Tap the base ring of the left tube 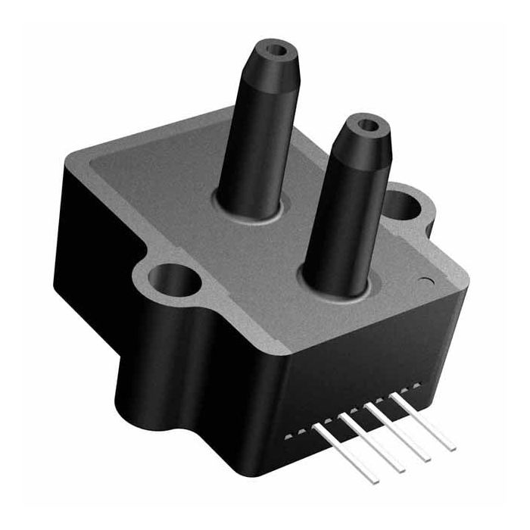pyautogui.click(x=250, y=210)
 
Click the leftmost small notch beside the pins pyautogui.click(x=286, y=438)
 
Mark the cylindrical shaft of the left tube pyautogui.click(x=257, y=144)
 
